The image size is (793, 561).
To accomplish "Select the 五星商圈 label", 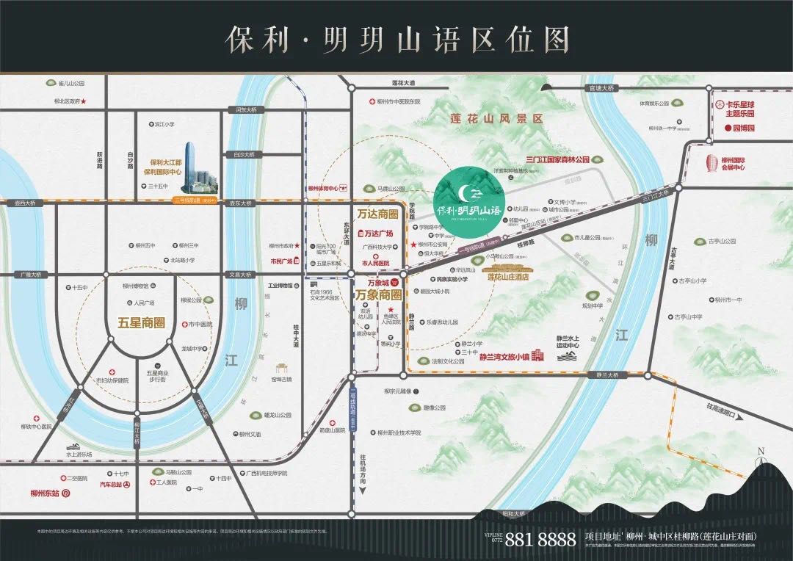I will pyautogui.click(x=141, y=322).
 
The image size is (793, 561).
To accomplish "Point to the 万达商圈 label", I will pyautogui.click(x=377, y=214).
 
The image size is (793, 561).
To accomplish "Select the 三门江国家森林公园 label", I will pyautogui.click(x=558, y=159).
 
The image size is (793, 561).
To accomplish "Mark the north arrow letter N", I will pyautogui.click(x=761, y=451).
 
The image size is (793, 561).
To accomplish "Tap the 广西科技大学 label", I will pyautogui.click(x=377, y=247).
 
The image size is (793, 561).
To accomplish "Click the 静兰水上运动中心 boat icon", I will pyautogui.click(x=569, y=357).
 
